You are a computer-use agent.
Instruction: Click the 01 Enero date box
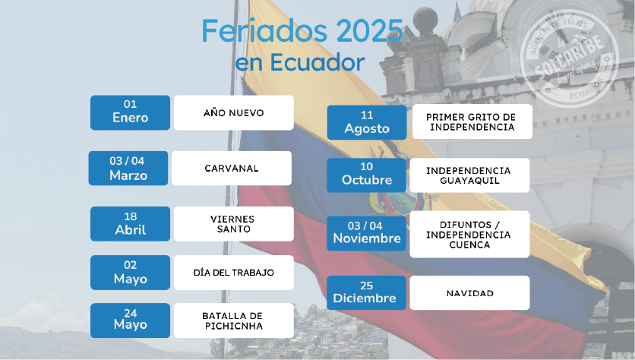pyautogui.click(x=130, y=112)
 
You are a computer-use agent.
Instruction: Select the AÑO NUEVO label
pyautogui.click(x=234, y=112)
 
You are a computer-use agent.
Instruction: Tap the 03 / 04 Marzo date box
pyautogui.click(x=128, y=168)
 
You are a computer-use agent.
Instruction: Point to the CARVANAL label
pyautogui.click(x=231, y=168)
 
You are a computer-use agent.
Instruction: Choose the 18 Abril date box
pyautogui.click(x=130, y=224)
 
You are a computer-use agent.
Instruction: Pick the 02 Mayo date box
pyautogui.click(x=130, y=273)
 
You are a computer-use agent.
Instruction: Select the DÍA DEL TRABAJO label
pyautogui.click(x=234, y=273)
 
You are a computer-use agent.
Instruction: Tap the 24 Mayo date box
pyautogui.click(x=130, y=321)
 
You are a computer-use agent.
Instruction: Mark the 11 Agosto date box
pyautogui.click(x=367, y=122)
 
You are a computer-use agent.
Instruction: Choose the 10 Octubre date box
pyautogui.click(x=367, y=175)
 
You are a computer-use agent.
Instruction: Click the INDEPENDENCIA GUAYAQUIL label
pyautogui.click(x=469, y=175)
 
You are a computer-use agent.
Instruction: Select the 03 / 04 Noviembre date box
pyautogui.click(x=367, y=233)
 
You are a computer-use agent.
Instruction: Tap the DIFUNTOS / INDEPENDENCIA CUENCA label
pyautogui.click(x=469, y=234)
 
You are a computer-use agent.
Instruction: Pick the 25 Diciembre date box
pyautogui.click(x=367, y=292)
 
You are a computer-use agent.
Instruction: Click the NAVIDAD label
pyautogui.click(x=469, y=292)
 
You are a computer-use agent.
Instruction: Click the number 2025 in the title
pyautogui.click(x=369, y=31)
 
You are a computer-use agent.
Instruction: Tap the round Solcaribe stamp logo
pyautogui.click(x=570, y=58)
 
